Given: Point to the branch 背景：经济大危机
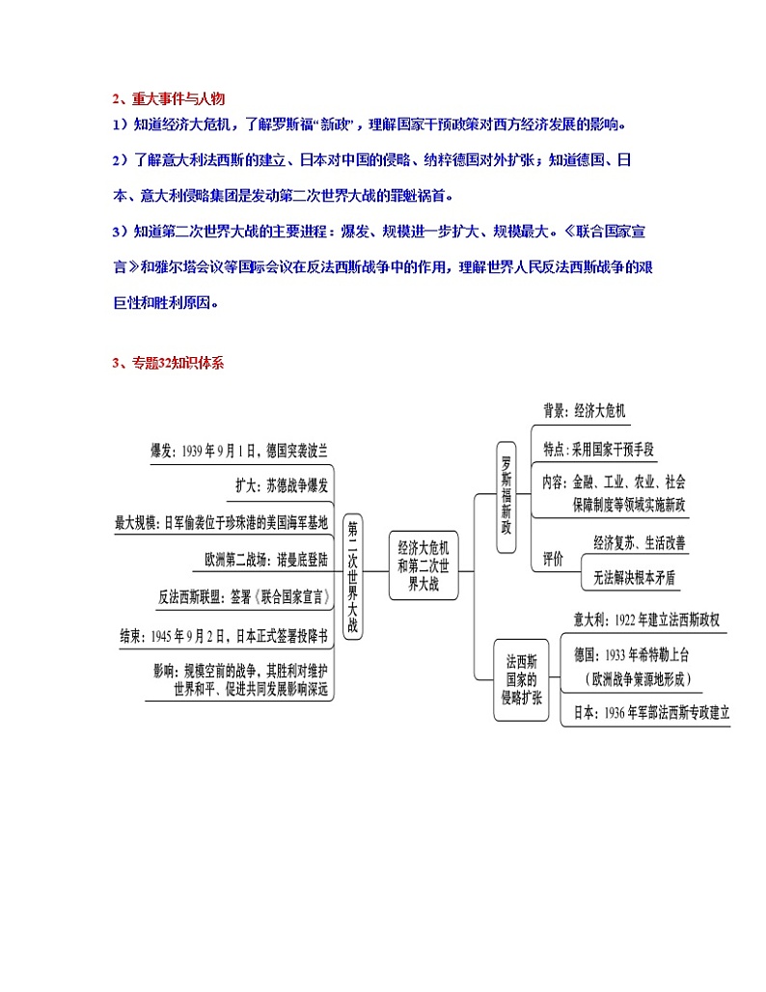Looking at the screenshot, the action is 585,410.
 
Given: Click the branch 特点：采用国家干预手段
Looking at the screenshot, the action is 598,449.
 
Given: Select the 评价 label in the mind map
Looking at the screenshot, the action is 554,559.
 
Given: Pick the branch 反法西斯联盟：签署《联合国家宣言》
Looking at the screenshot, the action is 243,597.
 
